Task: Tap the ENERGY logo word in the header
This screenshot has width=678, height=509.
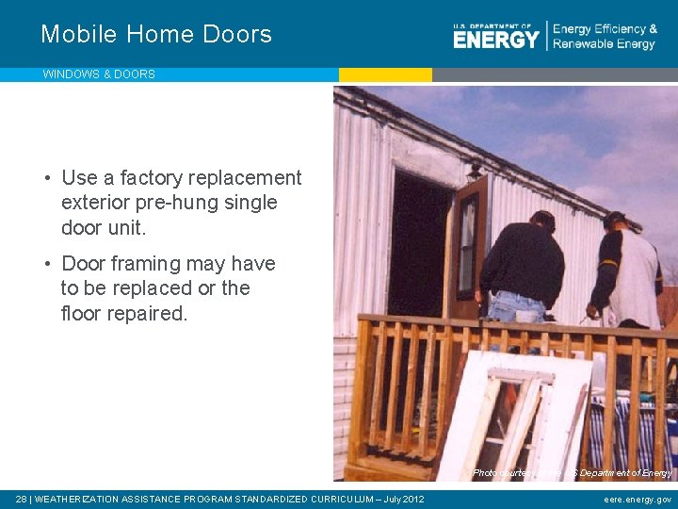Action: tap(496, 39)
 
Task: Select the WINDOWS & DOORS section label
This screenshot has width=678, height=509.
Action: tap(99, 74)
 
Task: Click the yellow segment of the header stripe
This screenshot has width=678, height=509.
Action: tap(385, 74)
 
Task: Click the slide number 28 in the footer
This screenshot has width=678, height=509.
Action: tap(22, 499)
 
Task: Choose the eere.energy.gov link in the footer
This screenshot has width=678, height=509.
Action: tap(638, 500)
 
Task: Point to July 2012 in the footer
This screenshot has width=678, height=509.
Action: tap(403, 499)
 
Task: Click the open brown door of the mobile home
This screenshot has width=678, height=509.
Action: tap(468, 245)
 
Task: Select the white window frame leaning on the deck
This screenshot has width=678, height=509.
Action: tap(513, 415)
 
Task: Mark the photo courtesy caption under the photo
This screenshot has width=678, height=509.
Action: tap(572, 472)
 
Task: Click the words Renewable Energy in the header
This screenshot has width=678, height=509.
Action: tap(604, 44)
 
